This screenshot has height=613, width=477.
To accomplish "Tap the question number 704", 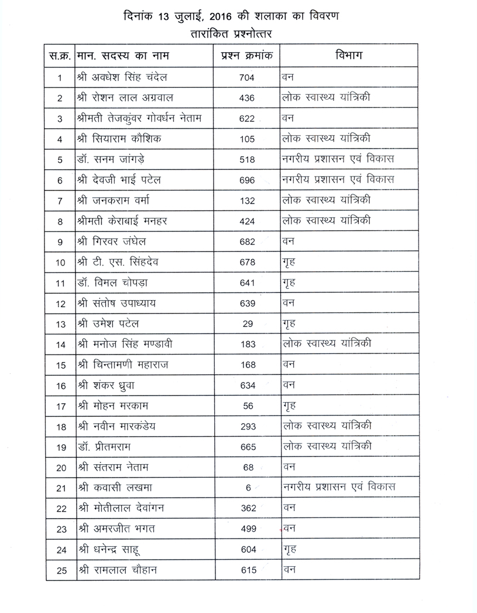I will click(247, 77).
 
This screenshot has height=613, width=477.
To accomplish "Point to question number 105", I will click(247, 139).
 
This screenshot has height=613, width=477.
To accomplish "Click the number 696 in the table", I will click(247, 181).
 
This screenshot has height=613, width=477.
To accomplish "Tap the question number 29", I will click(247, 324).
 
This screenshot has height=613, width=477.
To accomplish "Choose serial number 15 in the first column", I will click(60, 365).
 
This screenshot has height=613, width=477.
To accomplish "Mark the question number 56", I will click(247, 406).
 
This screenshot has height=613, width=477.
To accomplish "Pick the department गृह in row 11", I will click(289, 282).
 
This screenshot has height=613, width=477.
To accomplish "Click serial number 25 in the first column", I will click(60, 570).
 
